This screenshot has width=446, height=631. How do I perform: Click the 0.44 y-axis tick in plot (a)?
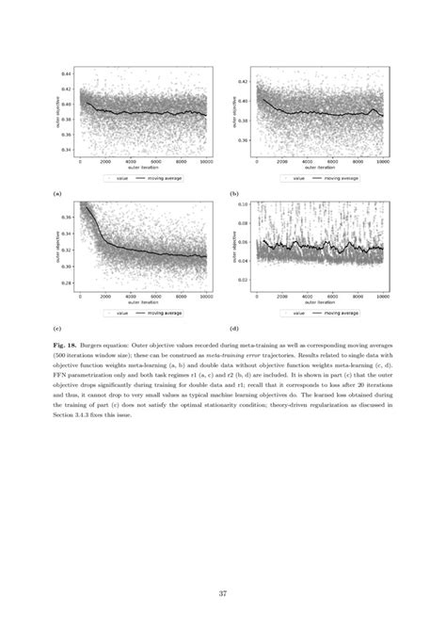point(65,73)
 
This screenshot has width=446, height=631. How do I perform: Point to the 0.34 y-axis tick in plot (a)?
point(65,150)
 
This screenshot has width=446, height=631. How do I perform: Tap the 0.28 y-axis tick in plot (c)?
point(65,282)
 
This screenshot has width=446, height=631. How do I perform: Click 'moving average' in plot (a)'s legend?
point(157,177)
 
